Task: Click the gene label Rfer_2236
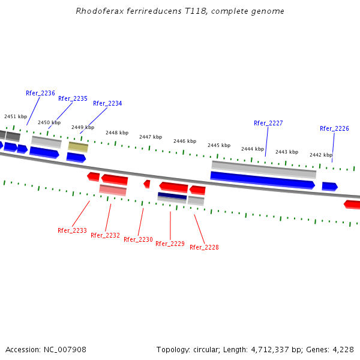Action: [x=40, y=94]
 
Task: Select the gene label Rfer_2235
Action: [x=73, y=98]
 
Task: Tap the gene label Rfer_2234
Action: [x=107, y=103]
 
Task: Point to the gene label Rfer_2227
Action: [x=268, y=123]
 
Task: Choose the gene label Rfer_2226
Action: [x=334, y=128]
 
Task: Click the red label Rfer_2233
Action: [x=72, y=230]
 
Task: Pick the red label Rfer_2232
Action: [x=105, y=235]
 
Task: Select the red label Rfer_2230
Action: [x=138, y=239]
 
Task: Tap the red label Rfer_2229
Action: [x=170, y=244]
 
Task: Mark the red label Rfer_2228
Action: [x=204, y=247]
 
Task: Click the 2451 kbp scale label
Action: [x=16, y=116]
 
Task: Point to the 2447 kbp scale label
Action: [x=151, y=137]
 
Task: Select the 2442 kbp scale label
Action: [x=321, y=155]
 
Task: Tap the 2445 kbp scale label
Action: [x=219, y=145]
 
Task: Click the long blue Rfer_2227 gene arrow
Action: [x=262, y=179]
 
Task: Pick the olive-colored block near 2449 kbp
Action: [x=78, y=146]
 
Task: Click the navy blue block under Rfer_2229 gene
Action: [x=172, y=196]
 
